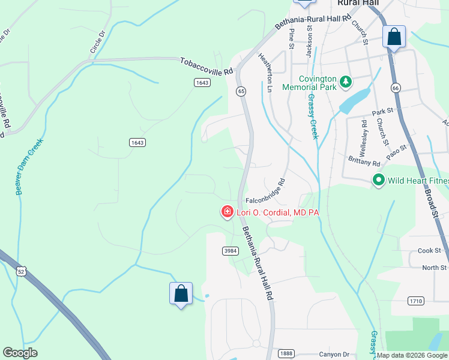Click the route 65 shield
(x=241, y=91)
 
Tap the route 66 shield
(x=394, y=88)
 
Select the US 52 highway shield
(x=22, y=272)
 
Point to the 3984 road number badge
(x=231, y=251)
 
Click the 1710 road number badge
(x=415, y=301)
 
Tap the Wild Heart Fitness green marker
(x=379, y=179)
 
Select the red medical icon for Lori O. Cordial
(x=228, y=212)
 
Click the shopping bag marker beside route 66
(x=394, y=37)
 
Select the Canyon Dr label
(x=333, y=354)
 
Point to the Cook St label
(x=429, y=250)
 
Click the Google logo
(x=20, y=353)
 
